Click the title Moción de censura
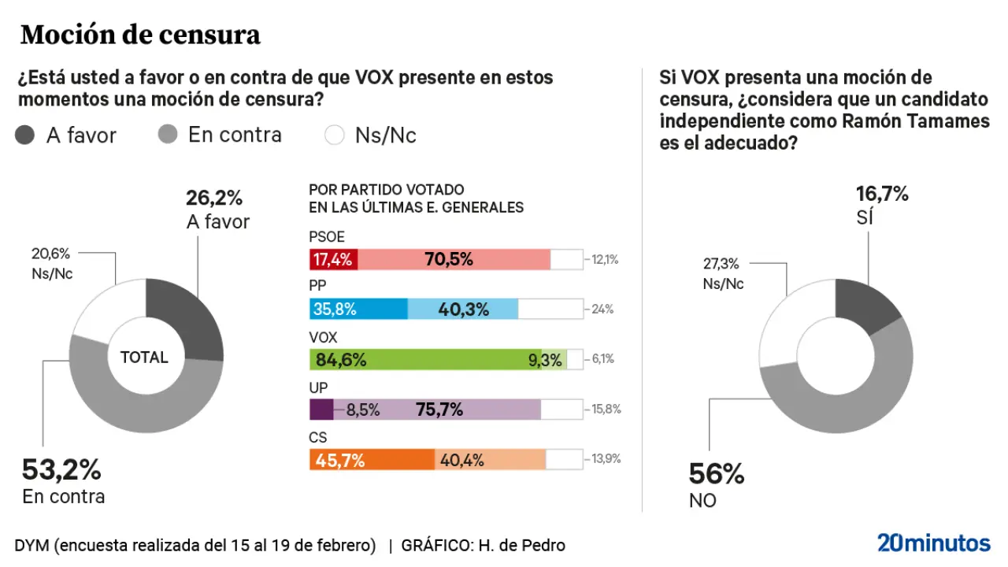[x=140, y=35]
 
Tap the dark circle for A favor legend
[x=25, y=135]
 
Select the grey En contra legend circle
[x=167, y=135]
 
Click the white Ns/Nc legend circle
[x=335, y=135]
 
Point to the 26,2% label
[x=214, y=198]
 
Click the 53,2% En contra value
[x=61, y=470]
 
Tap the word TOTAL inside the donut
[x=144, y=358]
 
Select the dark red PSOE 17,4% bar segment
[x=334, y=259]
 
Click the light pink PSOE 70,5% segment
[x=454, y=259]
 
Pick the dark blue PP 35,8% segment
[x=358, y=309]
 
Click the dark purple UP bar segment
[x=322, y=409]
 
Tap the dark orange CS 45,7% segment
[x=372, y=460]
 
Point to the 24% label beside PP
[x=602, y=309]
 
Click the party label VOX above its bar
[x=323, y=338]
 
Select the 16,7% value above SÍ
[x=882, y=194]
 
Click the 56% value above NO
[x=717, y=474]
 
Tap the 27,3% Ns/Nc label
[x=722, y=265]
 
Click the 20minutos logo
[x=934, y=543]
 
